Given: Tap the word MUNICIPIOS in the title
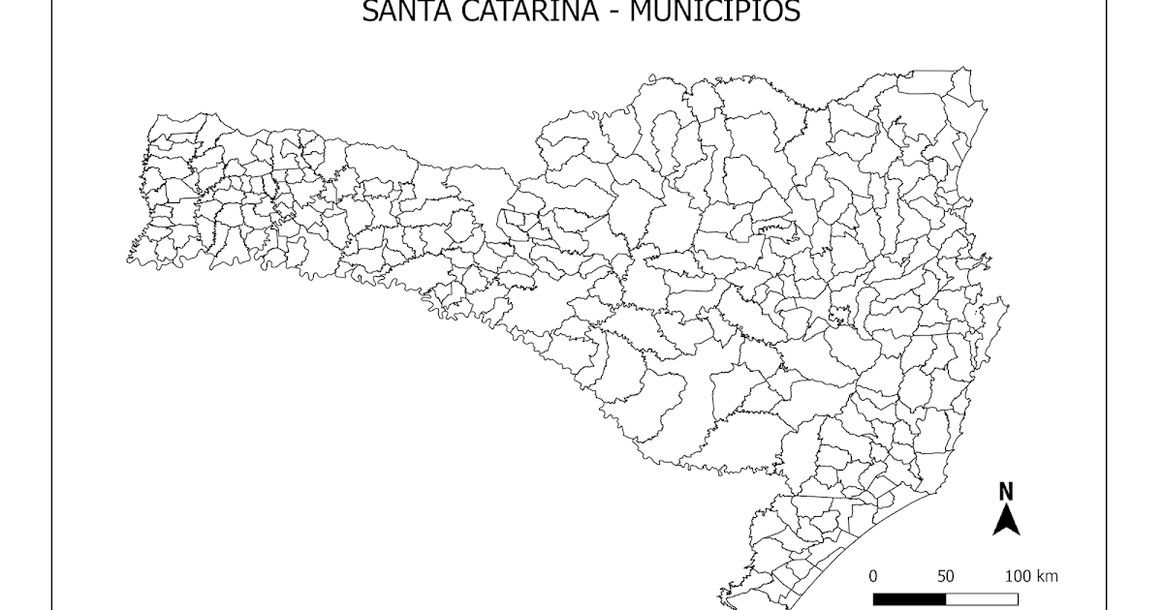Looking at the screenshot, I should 714,12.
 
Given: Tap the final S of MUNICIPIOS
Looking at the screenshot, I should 793,12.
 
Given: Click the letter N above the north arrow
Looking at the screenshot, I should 1006,491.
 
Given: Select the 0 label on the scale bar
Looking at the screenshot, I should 873,577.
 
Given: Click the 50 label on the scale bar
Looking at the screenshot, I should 945,577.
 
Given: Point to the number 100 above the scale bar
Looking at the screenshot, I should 1018,577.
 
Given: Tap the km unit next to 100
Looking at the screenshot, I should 1047,577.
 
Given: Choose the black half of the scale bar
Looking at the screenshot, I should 909,598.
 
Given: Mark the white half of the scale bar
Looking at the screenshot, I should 981,598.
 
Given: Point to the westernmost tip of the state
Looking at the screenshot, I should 127,259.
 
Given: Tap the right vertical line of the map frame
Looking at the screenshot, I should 1106,290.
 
